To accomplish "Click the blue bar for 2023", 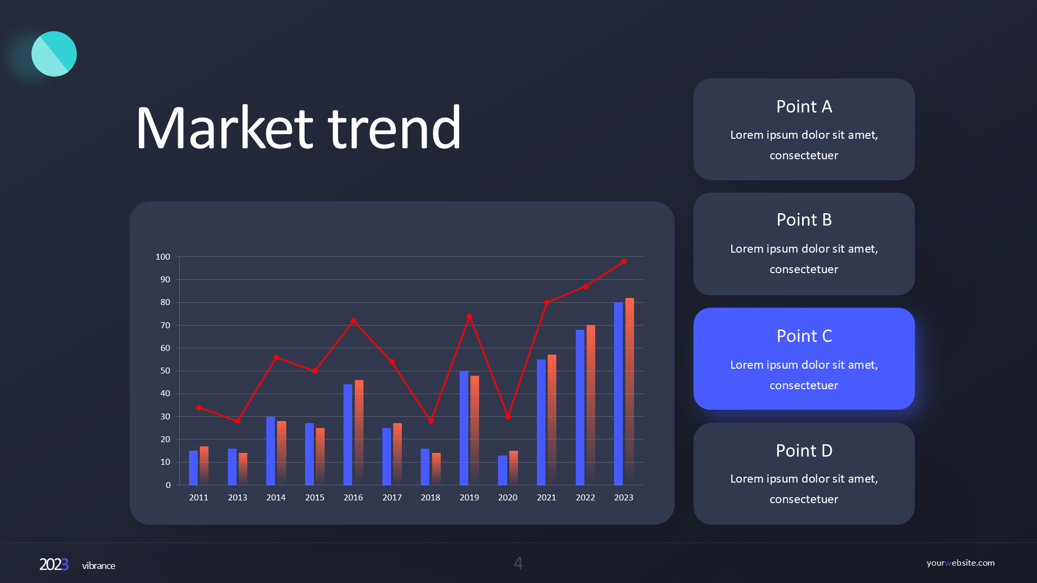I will pos(618,394).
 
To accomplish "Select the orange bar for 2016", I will pos(359,432).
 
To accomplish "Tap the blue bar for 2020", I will pos(502,470).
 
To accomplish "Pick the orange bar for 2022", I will pos(591,405).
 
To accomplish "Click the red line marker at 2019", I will pos(469,317).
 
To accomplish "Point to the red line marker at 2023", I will pos(624,262).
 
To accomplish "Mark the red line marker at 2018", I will pos(431,421).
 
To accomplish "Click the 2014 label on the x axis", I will pos(276,497).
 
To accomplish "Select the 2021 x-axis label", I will pos(547,497).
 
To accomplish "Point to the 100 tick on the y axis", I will pos(163,257).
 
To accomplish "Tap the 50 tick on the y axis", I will pos(165,371).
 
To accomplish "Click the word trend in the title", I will pos(395,128).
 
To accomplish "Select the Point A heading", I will pos(804,106).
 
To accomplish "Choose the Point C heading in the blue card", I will pos(804,336).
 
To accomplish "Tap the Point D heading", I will pos(804,450).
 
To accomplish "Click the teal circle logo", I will pos(54,54).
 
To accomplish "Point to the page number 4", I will pos(518,563).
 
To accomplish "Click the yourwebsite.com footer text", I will pos(960,562).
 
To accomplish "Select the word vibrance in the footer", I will pos(98,566).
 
